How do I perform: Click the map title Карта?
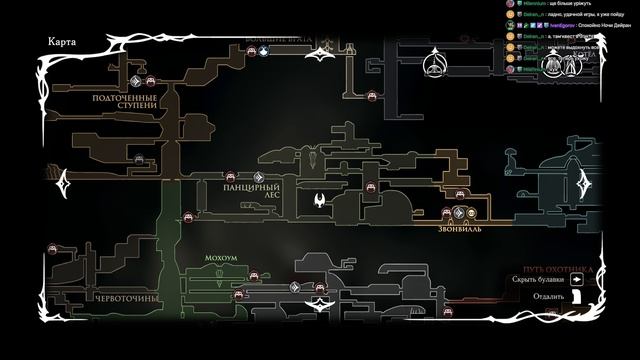[62, 41]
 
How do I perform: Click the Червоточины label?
[123, 299]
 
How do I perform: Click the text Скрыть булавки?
[543, 280]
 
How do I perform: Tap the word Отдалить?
[549, 296]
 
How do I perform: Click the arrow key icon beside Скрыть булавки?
[577, 280]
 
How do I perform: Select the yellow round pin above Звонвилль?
[472, 212]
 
